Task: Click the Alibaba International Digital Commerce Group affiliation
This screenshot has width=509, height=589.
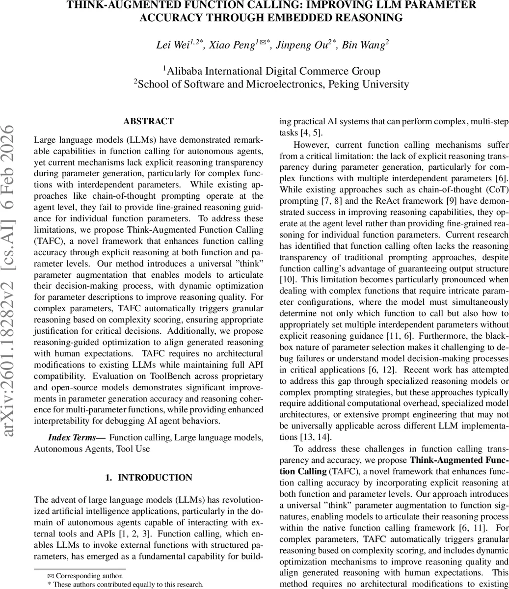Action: tap(273, 71)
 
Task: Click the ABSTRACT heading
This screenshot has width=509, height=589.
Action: tap(148, 121)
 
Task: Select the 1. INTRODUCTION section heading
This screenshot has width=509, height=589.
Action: tap(149, 478)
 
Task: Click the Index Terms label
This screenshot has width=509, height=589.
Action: tap(76, 437)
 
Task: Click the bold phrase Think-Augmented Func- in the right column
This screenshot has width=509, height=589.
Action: tap(459, 460)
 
